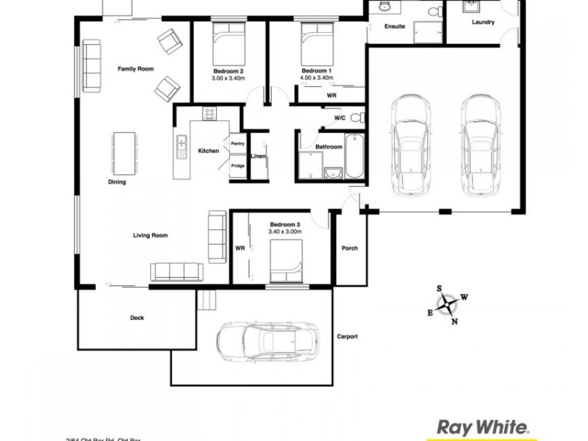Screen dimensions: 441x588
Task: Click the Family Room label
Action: tap(135, 69)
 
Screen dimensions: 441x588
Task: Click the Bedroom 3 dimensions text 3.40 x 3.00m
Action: tap(284, 232)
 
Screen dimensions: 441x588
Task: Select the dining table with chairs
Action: tap(123, 151)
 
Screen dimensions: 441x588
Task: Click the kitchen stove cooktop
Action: tap(209, 114)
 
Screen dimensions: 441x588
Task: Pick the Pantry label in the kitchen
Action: tap(237, 143)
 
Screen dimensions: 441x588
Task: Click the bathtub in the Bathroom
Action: tap(354, 156)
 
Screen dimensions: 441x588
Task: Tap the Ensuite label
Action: tap(395, 26)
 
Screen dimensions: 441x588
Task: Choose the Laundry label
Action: tap(483, 22)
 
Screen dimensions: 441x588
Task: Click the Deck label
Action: tap(137, 318)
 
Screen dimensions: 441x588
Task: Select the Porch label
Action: tap(350, 248)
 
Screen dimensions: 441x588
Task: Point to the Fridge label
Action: tap(237, 166)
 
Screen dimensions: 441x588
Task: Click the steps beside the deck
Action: tap(208, 300)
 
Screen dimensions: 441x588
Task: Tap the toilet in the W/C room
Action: tap(356, 118)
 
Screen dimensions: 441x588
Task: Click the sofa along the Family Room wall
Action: tap(92, 67)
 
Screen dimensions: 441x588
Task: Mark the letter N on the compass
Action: tap(454, 321)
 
